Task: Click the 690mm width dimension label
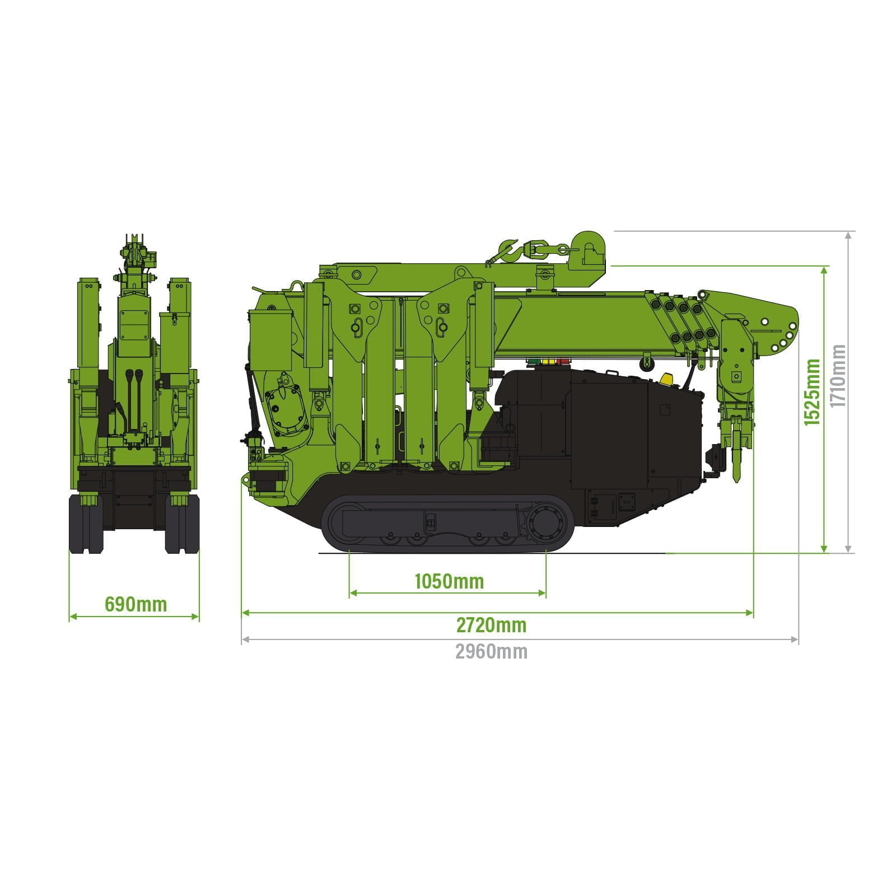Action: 136,604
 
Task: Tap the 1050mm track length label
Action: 449,581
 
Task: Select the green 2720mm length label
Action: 491,624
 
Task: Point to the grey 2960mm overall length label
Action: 491,651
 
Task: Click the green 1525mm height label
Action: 812,392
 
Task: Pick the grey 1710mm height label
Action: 838,375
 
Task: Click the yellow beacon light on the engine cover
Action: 666,379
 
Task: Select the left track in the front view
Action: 86,524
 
